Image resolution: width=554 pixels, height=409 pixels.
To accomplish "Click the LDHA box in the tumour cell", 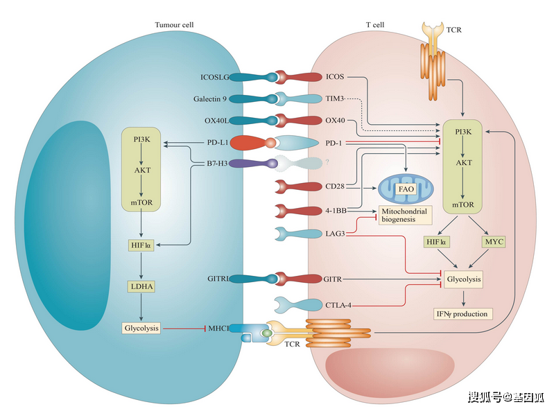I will [141, 285].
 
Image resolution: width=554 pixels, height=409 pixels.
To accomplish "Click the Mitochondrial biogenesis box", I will [405, 214].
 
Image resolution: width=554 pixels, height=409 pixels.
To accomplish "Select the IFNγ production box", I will [462, 314].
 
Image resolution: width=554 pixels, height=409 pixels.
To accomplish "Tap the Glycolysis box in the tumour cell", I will [141, 328].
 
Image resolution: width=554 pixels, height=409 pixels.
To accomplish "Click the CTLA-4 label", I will [340, 304].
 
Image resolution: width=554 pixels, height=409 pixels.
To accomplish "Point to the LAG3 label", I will [336, 234].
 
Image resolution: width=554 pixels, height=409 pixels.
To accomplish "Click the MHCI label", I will [218, 328].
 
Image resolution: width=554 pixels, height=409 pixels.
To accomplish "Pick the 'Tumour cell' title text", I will [174, 24].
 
